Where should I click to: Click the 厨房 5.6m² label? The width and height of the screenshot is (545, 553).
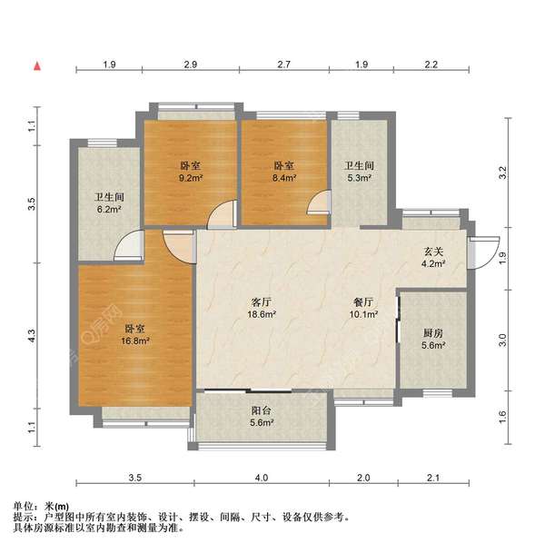(x=433, y=339)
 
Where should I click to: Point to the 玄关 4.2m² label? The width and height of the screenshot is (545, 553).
(x=431, y=258)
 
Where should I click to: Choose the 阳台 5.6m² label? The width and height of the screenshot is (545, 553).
(x=262, y=414)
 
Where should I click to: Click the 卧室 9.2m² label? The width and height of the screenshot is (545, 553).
(x=190, y=173)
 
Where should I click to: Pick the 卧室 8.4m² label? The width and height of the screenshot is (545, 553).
(x=284, y=173)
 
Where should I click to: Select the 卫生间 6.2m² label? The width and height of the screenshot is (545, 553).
(x=108, y=202)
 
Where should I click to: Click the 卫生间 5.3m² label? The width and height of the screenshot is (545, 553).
(x=360, y=173)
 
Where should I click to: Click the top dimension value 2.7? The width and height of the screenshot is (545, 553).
(x=284, y=64)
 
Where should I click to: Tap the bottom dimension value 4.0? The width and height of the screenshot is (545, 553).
(x=262, y=478)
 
